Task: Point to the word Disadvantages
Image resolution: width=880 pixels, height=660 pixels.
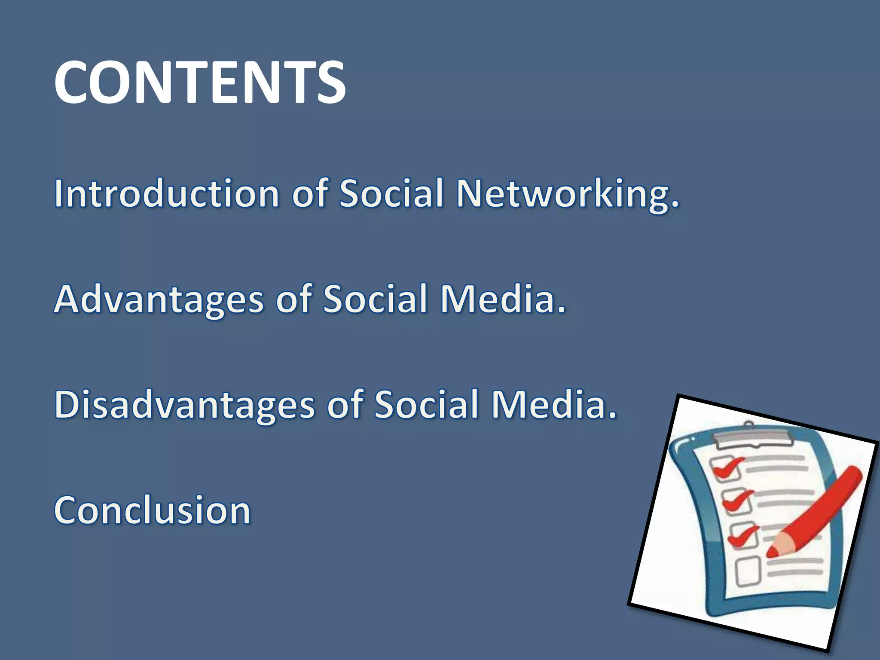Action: pos(185,405)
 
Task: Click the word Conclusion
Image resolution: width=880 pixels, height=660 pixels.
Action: pos(152,510)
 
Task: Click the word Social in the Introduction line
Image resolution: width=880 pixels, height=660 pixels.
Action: pos(391,193)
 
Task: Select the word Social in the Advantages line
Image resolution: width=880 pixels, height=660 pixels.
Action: pos(375,299)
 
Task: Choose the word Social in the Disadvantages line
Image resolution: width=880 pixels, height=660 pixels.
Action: pos(426,404)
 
